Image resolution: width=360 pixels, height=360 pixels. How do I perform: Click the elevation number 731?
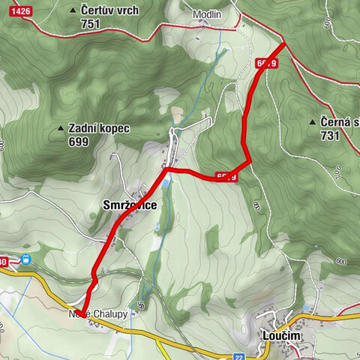pos(329,136)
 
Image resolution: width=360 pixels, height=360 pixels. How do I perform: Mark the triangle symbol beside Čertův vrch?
pos(72,10)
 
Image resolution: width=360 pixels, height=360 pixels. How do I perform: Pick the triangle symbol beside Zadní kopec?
pos(60,128)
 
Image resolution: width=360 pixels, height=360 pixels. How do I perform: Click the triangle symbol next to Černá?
pos(312,121)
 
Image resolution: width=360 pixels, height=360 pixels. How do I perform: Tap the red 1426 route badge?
pos(22,10)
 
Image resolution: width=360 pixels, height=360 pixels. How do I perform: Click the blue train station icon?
pos(26,260)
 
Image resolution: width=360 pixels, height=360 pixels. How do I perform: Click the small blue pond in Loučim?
pos(308,308)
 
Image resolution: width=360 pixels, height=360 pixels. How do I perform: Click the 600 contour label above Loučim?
pos(341,261)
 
